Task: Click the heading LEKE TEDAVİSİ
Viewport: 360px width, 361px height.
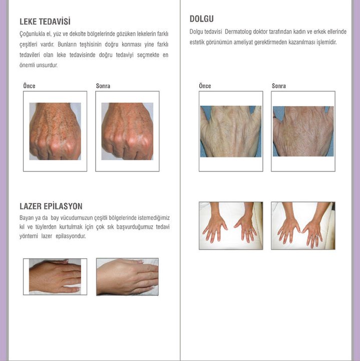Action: (x=45, y=22)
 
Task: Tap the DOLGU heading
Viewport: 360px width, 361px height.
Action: (x=202, y=19)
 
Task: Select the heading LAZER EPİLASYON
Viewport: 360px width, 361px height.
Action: (x=51, y=206)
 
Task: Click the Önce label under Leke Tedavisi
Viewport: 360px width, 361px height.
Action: (x=29, y=86)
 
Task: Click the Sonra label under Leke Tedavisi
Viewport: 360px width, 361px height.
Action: (x=103, y=86)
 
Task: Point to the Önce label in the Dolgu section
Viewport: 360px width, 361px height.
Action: (x=205, y=86)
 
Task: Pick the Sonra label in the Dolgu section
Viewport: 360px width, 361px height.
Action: (x=279, y=86)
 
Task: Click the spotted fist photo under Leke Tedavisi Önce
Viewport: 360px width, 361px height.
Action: (x=55, y=131)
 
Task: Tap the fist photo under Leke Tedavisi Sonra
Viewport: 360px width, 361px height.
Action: (x=127, y=131)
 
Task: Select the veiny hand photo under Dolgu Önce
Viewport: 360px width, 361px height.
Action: (x=231, y=131)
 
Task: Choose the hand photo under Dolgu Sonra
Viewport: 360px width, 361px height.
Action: (x=303, y=131)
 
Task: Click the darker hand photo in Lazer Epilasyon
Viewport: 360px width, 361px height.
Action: (x=55, y=276)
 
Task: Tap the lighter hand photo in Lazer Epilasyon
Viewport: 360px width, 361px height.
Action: (x=127, y=277)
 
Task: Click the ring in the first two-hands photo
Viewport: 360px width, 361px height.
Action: (x=250, y=230)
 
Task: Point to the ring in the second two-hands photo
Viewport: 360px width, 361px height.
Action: (x=317, y=236)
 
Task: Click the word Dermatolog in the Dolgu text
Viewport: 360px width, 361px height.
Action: (x=238, y=32)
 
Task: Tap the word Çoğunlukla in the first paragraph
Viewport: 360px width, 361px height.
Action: (x=32, y=34)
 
